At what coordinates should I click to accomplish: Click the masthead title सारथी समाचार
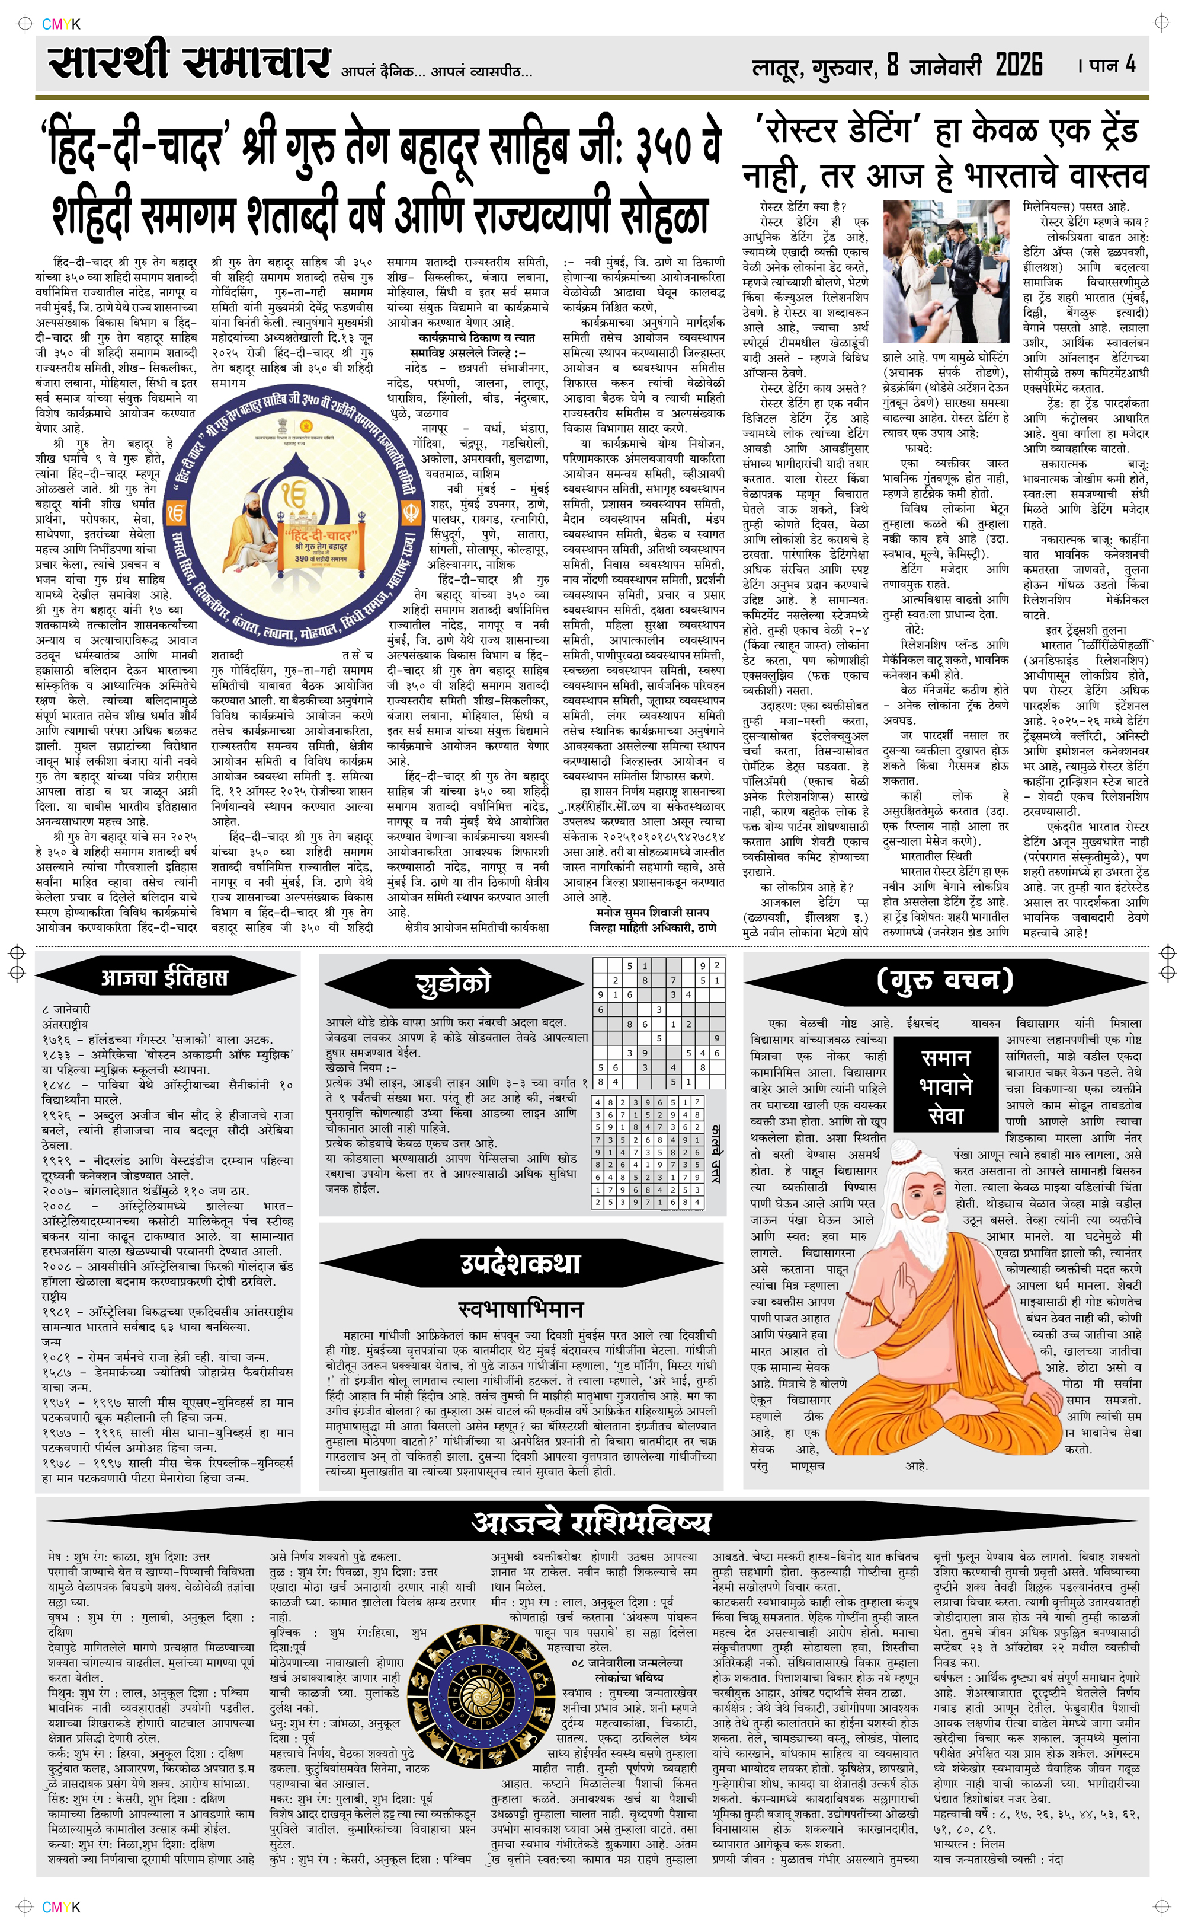(188, 63)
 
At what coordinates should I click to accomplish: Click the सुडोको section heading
(453, 983)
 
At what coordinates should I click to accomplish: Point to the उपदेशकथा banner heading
(520, 1263)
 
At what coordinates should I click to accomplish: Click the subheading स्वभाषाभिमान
(520, 1309)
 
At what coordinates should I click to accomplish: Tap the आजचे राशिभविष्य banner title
(592, 1522)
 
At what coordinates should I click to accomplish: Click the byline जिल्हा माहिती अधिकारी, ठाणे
(652, 927)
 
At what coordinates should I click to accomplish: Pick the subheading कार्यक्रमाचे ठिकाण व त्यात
(472, 337)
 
